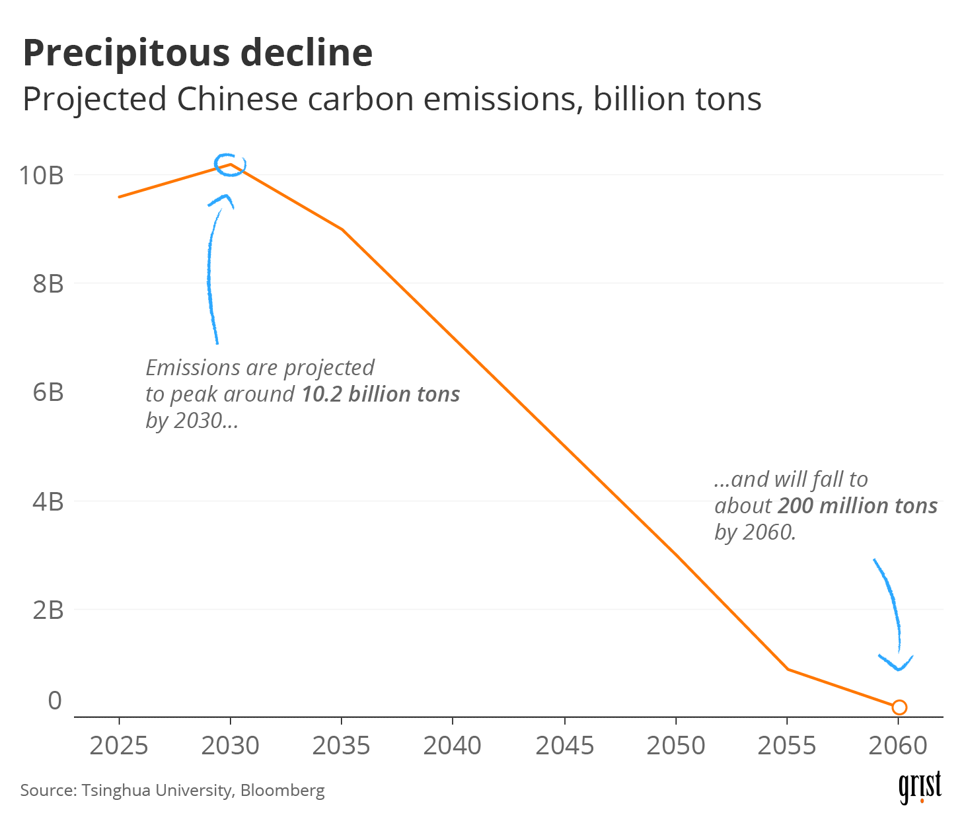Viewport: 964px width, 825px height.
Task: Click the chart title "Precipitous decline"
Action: click(198, 53)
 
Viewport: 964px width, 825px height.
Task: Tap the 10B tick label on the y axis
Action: click(41, 176)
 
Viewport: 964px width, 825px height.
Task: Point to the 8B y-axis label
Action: click(48, 284)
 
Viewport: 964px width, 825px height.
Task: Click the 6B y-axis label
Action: click(48, 392)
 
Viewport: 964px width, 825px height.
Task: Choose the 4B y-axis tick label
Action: click(48, 502)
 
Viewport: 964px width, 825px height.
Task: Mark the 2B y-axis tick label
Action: click(48, 610)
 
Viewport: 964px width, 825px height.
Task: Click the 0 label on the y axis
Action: click(55, 700)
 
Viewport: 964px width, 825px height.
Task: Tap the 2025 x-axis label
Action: click(119, 746)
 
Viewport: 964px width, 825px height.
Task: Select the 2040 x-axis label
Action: click(453, 746)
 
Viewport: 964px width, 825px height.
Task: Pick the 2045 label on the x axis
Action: click(564, 746)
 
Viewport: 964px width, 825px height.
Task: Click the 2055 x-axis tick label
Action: click(787, 746)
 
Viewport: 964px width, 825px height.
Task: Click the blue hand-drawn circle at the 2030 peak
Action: click(230, 164)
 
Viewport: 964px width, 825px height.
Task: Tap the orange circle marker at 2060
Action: click(899, 707)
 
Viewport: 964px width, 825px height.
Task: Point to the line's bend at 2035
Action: click(342, 229)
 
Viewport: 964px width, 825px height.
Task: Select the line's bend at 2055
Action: click(788, 669)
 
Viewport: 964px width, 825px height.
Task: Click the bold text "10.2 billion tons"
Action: click(381, 394)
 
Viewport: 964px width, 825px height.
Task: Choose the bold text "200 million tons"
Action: click(857, 506)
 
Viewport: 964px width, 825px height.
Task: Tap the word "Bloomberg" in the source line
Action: click(282, 790)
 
